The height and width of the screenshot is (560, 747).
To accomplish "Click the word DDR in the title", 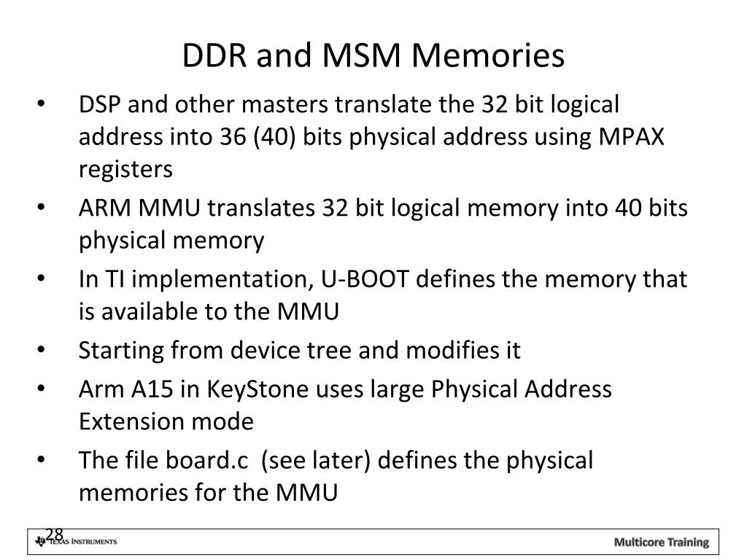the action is click(209, 55).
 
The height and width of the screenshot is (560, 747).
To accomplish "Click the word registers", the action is click(125, 169).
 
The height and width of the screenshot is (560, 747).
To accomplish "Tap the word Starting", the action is click(122, 351).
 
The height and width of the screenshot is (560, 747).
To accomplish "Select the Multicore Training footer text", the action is click(661, 542).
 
